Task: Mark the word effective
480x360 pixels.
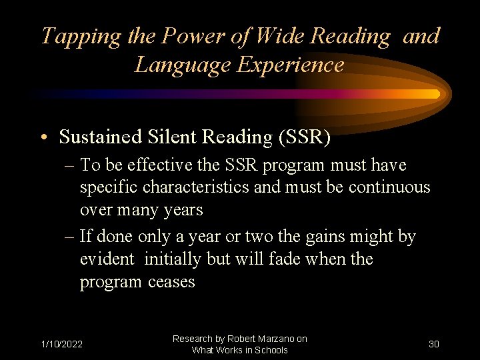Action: (139, 165)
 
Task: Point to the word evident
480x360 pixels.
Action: (106, 259)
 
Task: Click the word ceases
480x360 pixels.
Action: (171, 282)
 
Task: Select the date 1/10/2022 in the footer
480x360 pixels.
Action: (62, 344)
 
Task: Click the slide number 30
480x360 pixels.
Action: (433, 344)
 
